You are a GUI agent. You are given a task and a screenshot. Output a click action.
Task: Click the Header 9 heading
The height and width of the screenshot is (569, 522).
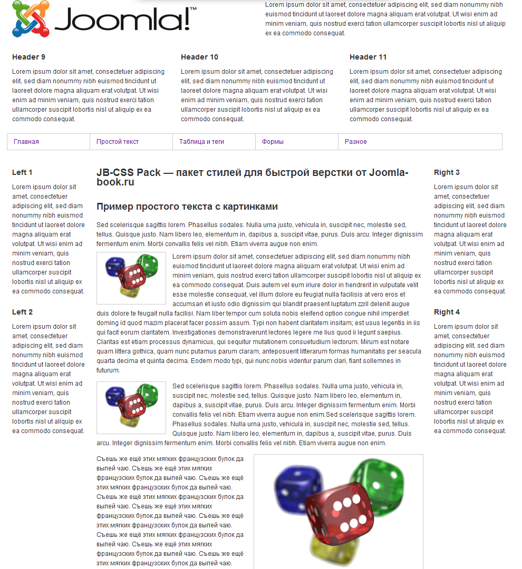28,57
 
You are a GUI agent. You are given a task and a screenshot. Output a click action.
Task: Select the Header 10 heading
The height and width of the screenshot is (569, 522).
199,57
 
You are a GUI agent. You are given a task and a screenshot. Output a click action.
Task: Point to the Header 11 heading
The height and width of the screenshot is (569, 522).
368,57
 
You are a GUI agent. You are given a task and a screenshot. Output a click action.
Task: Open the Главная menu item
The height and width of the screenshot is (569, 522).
26,142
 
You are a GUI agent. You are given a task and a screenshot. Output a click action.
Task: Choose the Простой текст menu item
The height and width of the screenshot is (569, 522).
118,142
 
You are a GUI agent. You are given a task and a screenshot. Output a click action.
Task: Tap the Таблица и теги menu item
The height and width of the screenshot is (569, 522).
201,142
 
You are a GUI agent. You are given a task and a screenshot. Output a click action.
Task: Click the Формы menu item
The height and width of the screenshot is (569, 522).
273,142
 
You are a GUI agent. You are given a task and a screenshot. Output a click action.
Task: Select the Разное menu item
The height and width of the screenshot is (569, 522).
356,142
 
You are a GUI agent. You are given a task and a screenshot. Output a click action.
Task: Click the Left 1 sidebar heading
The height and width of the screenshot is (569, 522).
22,172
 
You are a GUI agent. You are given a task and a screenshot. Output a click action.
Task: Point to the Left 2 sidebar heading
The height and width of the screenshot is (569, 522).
22,312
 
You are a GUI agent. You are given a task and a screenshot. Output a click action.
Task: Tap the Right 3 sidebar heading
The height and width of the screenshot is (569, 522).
447,172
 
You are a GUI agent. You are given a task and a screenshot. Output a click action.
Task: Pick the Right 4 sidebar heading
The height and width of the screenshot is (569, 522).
447,312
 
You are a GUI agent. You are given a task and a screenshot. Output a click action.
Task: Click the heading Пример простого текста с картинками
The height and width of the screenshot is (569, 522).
187,207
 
